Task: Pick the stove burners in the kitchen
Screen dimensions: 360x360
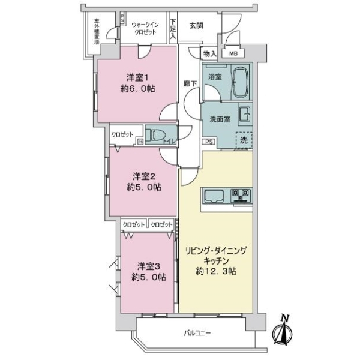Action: (241, 196)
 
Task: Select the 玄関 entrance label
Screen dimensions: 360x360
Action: (196, 26)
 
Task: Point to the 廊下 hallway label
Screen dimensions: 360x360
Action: (190, 83)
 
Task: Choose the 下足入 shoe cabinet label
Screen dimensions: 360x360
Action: (173, 28)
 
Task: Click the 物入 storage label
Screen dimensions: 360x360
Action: (209, 53)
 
